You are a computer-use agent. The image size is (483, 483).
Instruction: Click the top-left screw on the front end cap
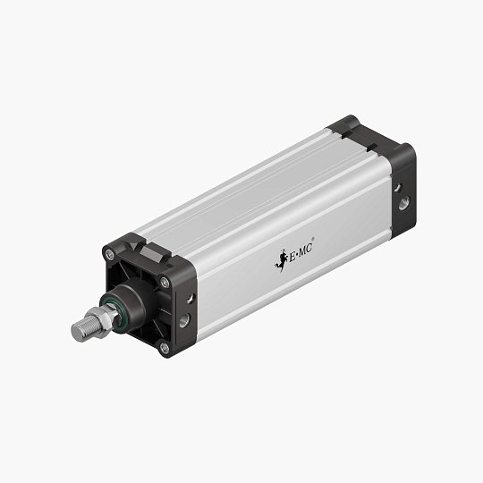tap(109, 255)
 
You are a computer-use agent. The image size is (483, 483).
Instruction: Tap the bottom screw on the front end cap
tap(164, 347)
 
